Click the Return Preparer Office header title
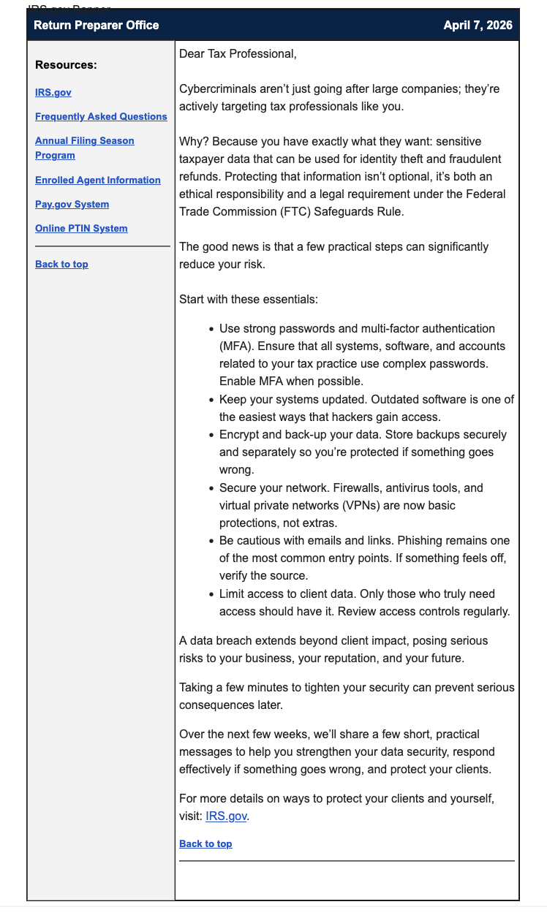(96, 25)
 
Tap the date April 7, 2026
(478, 25)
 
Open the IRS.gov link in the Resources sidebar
(53, 92)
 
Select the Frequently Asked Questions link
(101, 116)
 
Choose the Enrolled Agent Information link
(97, 180)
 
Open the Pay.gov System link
(72, 204)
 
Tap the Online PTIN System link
(81, 228)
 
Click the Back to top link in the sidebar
(61, 264)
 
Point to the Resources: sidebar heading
(66, 65)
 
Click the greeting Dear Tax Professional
(238, 54)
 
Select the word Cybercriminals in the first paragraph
(216, 89)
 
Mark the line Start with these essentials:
(249, 300)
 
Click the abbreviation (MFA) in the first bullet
(235, 346)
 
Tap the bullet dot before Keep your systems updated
(211, 400)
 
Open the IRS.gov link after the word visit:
(227, 816)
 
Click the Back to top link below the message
(205, 843)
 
